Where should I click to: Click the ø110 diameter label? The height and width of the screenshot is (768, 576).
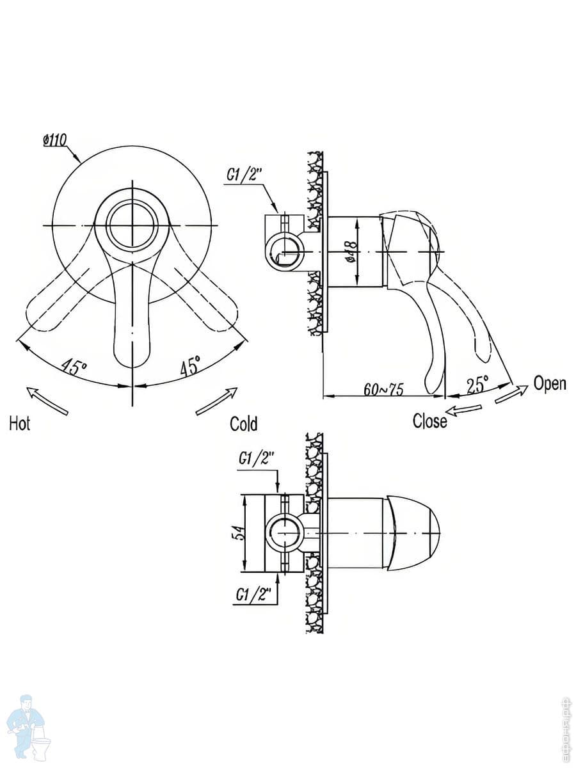55,140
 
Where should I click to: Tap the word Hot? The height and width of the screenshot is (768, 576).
20,424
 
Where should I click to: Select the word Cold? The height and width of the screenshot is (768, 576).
244,424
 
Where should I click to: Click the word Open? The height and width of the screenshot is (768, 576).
550,384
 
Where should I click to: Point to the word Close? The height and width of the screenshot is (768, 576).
430,421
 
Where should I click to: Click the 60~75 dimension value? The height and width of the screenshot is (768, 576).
383,389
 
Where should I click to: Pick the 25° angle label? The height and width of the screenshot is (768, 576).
477,384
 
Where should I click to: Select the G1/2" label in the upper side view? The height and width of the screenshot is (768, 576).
243,175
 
